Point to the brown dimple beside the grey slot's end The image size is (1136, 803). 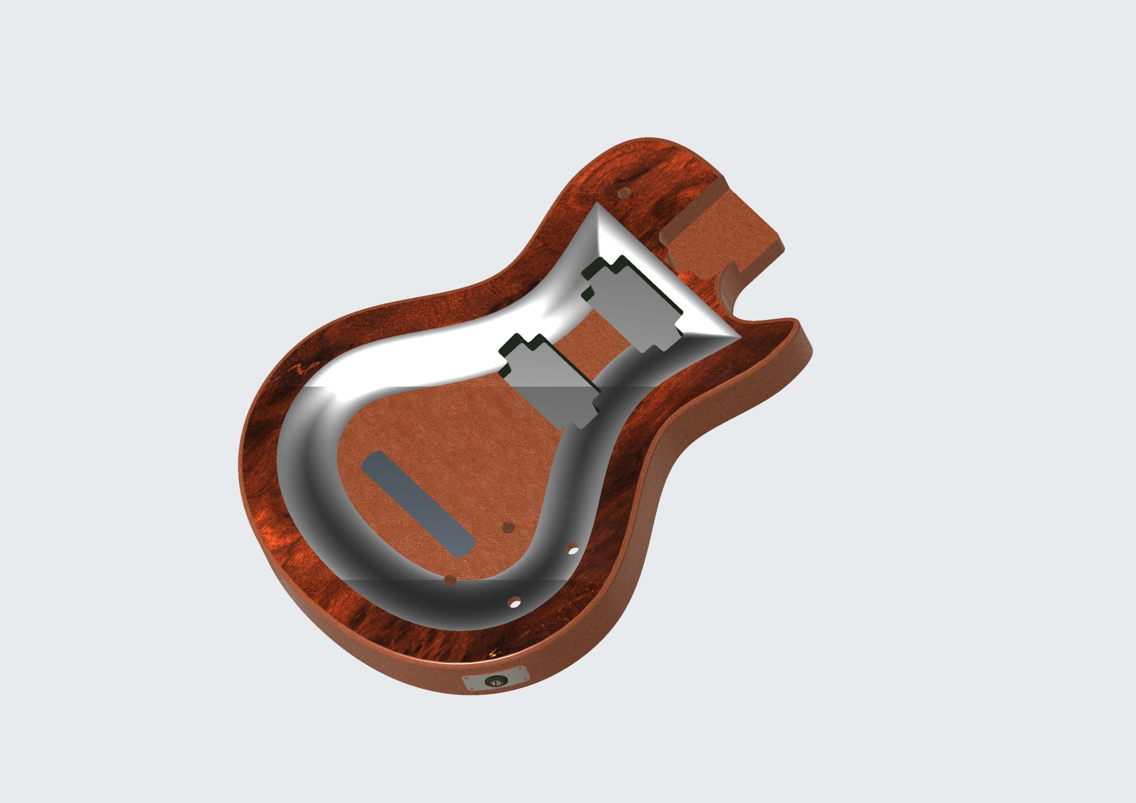pos(507,527)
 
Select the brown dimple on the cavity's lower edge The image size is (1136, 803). pos(450,579)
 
